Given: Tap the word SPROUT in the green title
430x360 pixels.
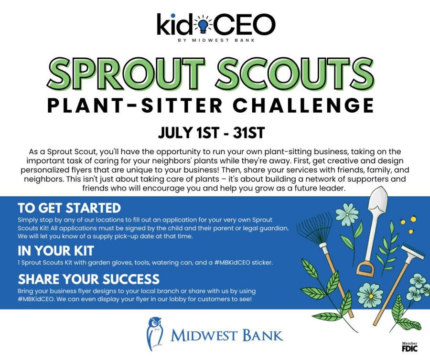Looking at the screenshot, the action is pyautogui.click(x=126, y=73).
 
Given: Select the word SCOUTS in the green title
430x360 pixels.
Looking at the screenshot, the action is pyautogui.click(x=295, y=73).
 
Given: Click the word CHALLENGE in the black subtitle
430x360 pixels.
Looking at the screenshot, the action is pyautogui.click(x=303, y=106).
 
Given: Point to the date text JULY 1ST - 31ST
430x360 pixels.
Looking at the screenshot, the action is pyautogui.click(x=211, y=133).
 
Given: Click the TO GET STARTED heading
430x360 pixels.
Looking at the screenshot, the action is pyautogui.click(x=69, y=208).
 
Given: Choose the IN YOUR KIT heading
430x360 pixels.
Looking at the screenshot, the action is pyautogui.click(x=56, y=251).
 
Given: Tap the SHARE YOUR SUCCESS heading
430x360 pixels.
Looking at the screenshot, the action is pyautogui.click(x=88, y=279).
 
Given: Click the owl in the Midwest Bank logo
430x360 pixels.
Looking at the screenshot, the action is pyautogui.click(x=154, y=334).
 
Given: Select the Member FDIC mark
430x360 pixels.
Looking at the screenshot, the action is pyautogui.click(x=409, y=347).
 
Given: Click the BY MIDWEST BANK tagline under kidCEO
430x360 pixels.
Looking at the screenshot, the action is pyautogui.click(x=216, y=40).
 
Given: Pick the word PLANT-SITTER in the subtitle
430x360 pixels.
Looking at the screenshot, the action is pyautogui.click(x=135, y=106).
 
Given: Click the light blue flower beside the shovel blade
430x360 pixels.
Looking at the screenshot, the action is pyautogui.click(x=347, y=214).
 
